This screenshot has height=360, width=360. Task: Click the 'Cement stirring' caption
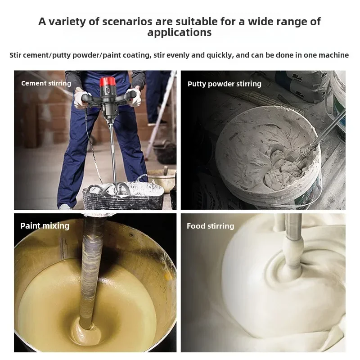46,83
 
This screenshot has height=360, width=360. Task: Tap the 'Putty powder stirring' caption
224,84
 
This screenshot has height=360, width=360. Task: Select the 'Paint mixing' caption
45,226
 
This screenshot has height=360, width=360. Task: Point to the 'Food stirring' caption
210,226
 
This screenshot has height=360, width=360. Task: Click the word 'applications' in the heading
180,32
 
